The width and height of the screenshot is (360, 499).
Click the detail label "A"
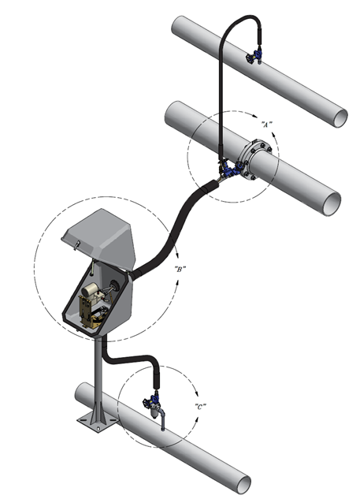click(x=266, y=125)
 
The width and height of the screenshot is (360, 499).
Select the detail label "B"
click(x=180, y=270)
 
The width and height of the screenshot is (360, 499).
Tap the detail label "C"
click(x=200, y=407)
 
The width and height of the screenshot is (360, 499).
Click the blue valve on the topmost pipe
click(x=254, y=57)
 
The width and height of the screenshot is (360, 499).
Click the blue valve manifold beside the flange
click(x=230, y=168)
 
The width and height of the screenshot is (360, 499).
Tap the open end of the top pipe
click(x=340, y=117)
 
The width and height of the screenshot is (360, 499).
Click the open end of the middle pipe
click(x=332, y=203)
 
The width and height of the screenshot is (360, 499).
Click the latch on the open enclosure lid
click(x=76, y=244)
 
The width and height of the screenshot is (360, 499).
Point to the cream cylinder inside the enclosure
click(x=90, y=289)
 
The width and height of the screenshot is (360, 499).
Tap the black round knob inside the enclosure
click(x=113, y=285)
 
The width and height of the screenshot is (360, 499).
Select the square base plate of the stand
click(x=98, y=423)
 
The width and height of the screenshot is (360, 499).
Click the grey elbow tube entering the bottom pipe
click(x=163, y=419)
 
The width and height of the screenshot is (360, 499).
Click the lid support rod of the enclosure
click(x=92, y=266)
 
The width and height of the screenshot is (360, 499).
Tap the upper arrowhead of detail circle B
click(x=176, y=256)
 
